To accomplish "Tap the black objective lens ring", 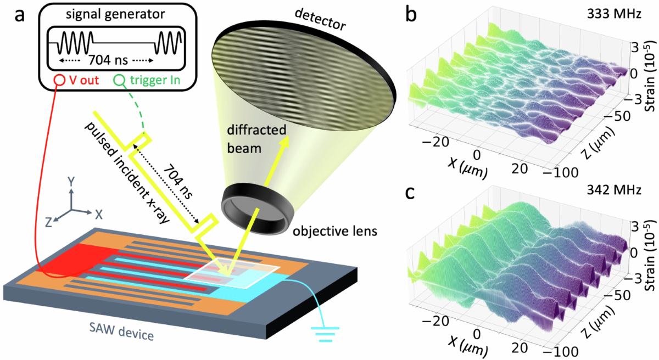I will click(255, 204).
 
